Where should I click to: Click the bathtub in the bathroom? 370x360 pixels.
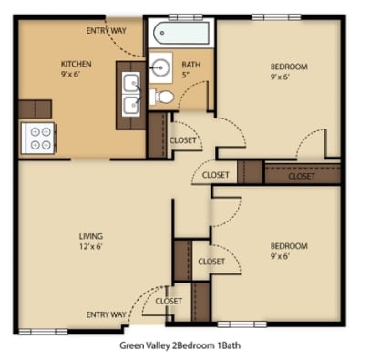pos(182,36)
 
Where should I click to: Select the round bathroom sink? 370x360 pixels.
pos(163,67)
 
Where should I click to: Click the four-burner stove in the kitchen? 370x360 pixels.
pos(38,138)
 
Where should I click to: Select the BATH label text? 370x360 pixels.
pos(190,65)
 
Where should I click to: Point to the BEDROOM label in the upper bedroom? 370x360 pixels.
pos(289,67)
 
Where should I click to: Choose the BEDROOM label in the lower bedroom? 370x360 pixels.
pos(289,245)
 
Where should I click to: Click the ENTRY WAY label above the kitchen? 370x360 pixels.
pos(107,31)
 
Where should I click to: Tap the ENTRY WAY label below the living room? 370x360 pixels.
pos(107,314)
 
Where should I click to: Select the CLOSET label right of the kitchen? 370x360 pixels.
pos(183,139)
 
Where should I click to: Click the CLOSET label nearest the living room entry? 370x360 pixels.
pos(169,301)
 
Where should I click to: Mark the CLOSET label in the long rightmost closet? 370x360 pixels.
pos(302,176)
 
